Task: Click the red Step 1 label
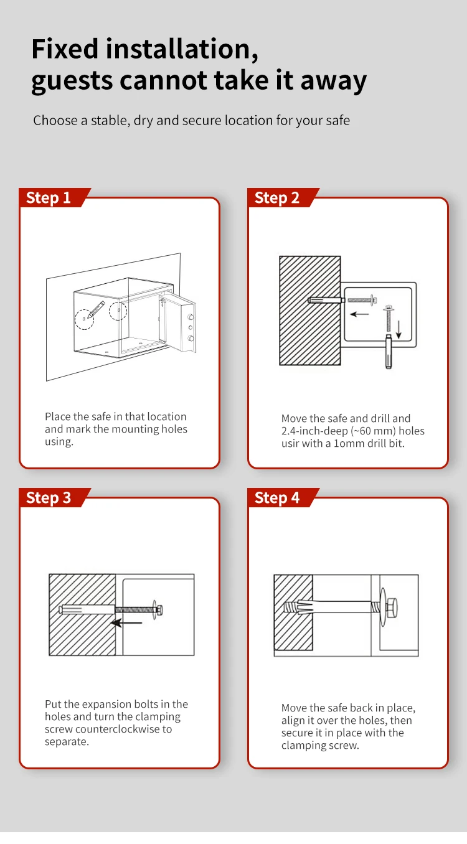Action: [x=49, y=198]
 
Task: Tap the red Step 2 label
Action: [x=278, y=198]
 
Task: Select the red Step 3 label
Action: [x=49, y=498]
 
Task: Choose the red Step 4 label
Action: [x=278, y=498]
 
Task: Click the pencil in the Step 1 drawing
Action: [x=95, y=310]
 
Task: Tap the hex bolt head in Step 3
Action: [x=159, y=609]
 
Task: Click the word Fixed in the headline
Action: [x=65, y=49]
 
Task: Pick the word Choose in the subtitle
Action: [x=55, y=120]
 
